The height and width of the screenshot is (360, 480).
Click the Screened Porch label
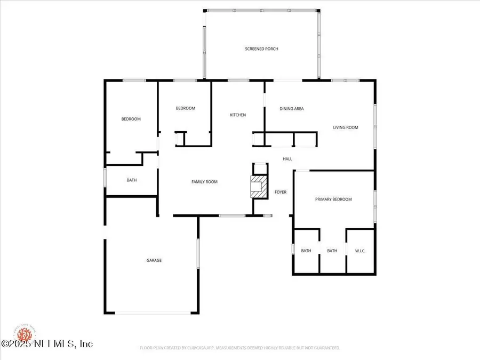click(261, 49)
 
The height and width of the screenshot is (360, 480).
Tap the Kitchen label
click(238, 115)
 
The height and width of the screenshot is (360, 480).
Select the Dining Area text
click(292, 109)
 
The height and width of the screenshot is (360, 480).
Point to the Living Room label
click(346, 127)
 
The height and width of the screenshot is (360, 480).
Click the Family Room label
click(204, 182)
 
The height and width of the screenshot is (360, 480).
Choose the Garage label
click(154, 260)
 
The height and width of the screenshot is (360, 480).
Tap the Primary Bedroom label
click(333, 199)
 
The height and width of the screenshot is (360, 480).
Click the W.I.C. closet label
click(361, 251)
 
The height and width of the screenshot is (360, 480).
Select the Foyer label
click(281, 192)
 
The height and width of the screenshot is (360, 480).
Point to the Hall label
click(287, 159)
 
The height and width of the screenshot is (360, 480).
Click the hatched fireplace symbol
click(258, 187)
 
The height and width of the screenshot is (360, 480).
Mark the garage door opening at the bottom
click(152, 313)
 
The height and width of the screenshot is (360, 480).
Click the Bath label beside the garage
click(132, 180)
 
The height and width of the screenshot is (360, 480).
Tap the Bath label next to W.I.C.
click(332, 251)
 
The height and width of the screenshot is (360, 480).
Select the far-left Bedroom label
click(131, 119)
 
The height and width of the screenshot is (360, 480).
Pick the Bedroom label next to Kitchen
click(186, 108)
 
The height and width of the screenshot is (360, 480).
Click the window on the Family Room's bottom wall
click(232, 215)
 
